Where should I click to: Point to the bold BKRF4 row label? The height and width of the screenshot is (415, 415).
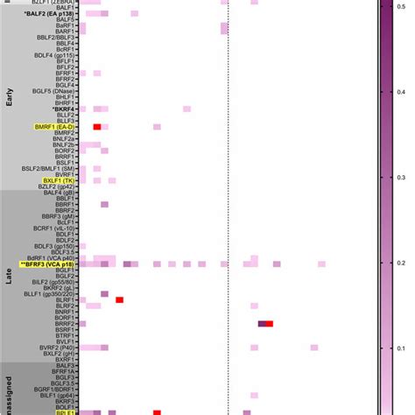pos(64,108)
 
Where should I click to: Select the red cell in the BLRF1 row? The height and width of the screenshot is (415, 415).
pos(119,299)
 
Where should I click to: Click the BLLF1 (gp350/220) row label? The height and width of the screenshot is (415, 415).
pos(53,293)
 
